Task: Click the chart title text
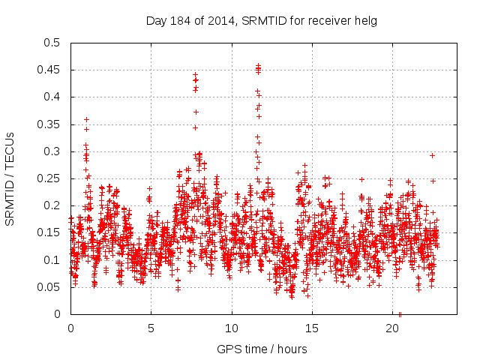point(261,21)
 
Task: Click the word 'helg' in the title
point(365,21)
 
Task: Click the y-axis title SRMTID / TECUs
point(10,178)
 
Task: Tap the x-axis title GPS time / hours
point(261,349)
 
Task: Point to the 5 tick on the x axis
point(151,328)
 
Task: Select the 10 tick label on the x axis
point(232,328)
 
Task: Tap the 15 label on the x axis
point(312,328)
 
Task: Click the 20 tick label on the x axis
point(392,328)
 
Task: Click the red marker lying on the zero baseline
point(400,314)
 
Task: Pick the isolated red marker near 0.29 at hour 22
point(432,155)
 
